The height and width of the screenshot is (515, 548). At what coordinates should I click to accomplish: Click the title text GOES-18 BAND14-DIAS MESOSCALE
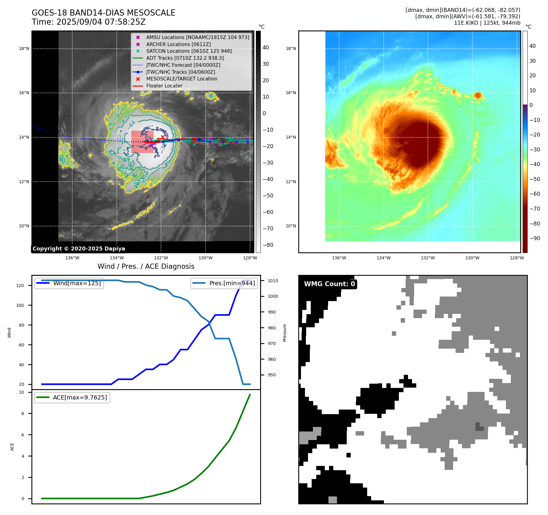pos(103,13)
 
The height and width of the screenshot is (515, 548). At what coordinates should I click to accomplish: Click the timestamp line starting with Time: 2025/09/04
pos(88,22)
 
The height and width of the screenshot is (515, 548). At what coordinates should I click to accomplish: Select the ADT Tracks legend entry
pos(185,58)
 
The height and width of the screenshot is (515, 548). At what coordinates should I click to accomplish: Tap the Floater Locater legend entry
pos(164,86)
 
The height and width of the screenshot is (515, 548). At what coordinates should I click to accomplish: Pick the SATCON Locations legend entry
pos(189,51)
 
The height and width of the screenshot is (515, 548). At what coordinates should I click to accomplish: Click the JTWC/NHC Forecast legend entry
pos(183,65)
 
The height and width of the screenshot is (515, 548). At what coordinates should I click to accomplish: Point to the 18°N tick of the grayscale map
pos(24,48)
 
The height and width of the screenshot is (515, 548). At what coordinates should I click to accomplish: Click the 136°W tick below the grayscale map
pos(72,258)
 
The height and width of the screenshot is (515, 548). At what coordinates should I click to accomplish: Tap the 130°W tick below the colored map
pos(472,258)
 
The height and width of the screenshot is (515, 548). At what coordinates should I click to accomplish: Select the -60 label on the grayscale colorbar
pos(268,212)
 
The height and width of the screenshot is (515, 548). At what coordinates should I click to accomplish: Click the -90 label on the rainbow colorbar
pos(535,238)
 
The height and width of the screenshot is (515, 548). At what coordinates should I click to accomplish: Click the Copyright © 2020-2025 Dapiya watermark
pos(79,249)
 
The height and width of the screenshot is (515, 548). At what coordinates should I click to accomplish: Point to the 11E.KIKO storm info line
pos(487,23)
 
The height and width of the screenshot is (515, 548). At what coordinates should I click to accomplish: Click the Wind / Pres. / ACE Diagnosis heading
pos(146,266)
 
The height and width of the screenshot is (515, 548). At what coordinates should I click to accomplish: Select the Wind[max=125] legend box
pos(69,283)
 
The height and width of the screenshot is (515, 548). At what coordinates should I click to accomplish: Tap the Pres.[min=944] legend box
pos(224,283)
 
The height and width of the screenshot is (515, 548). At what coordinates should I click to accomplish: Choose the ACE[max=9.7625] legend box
pos(72,397)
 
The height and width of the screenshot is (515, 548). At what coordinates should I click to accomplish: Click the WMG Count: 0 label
pos(329,284)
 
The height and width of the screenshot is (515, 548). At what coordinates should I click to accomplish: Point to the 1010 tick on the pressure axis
pos(273,281)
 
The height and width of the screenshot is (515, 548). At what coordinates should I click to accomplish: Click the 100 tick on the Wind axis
pos(20,305)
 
